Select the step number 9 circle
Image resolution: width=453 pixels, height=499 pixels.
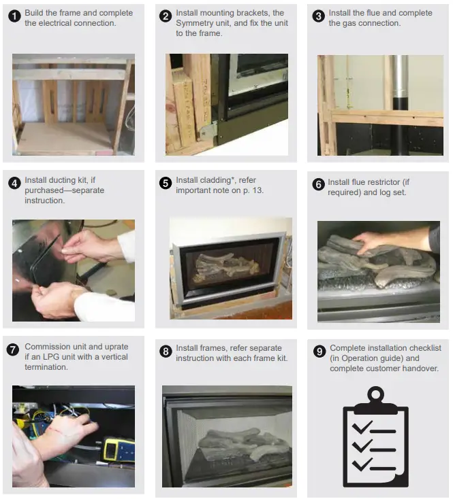click(x=318, y=351)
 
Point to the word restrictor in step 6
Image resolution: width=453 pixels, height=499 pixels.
click(x=394, y=182)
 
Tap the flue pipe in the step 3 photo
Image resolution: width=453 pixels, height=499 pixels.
click(x=399, y=102)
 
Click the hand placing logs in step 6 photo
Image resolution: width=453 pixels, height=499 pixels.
click(x=388, y=240)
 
